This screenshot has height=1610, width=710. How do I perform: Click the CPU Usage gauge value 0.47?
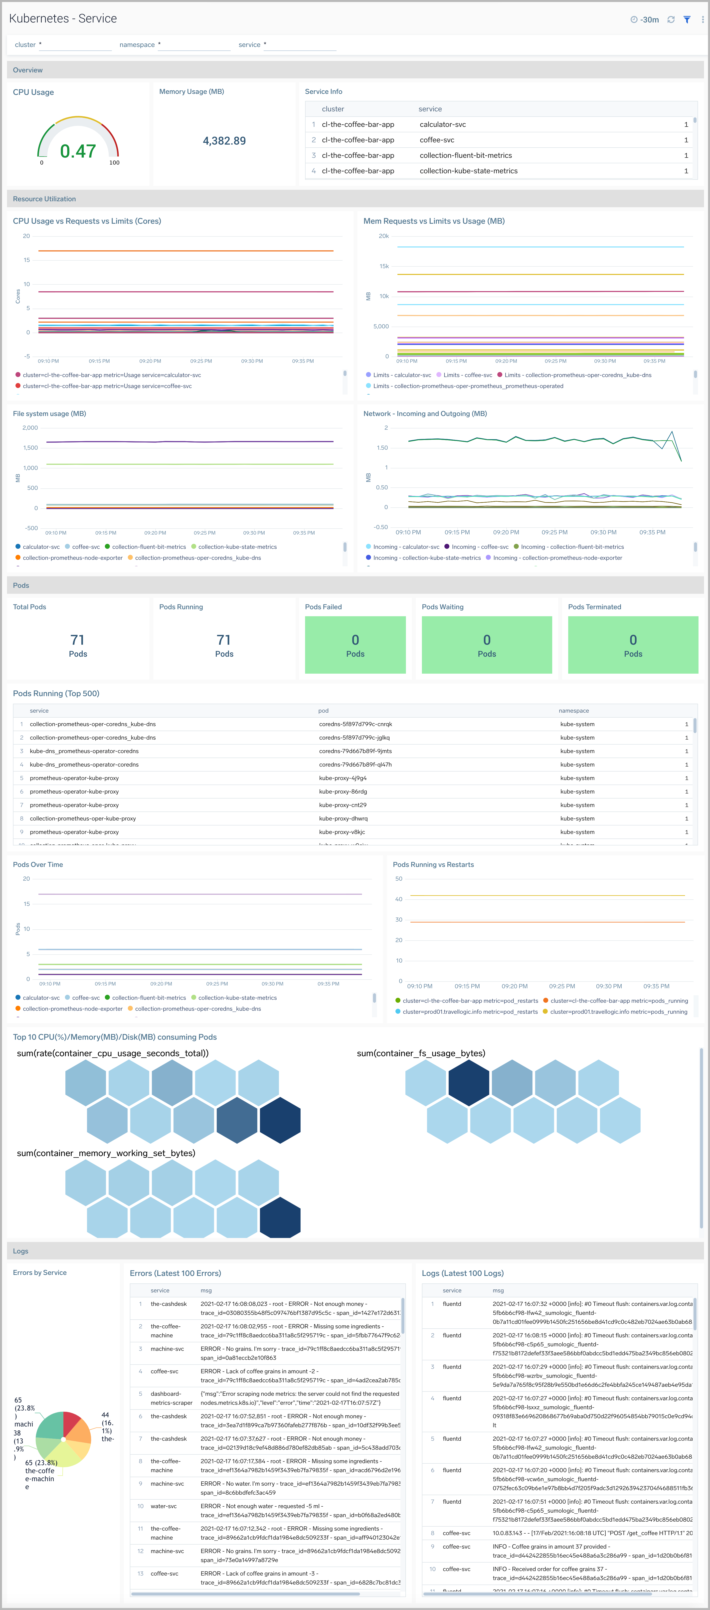pyautogui.click(x=78, y=151)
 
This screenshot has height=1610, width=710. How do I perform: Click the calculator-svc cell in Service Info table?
pyautogui.click(x=442, y=124)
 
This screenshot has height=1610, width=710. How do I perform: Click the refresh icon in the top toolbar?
pyautogui.click(x=671, y=19)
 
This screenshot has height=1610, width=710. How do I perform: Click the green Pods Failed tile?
pyautogui.click(x=355, y=645)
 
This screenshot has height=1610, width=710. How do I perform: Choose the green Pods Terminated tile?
pyautogui.click(x=633, y=645)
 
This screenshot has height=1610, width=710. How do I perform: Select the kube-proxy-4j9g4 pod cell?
pyautogui.click(x=343, y=778)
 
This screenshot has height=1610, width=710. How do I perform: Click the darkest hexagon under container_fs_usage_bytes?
pyautogui.click(x=469, y=1082)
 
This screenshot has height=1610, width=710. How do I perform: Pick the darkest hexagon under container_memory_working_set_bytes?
pyautogui.click(x=280, y=1217)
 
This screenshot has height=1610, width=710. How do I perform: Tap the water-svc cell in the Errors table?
pyautogui.click(x=164, y=1506)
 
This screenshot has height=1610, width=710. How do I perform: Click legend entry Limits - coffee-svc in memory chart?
pyautogui.click(x=468, y=375)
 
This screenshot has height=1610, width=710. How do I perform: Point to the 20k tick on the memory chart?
pyautogui.click(x=383, y=236)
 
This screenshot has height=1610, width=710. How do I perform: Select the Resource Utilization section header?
pyautogui.click(x=44, y=199)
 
